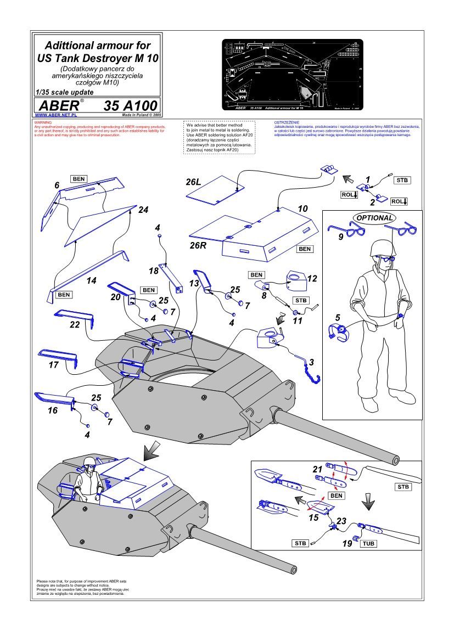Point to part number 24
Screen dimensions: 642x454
click(143, 210)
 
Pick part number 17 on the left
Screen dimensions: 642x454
click(53, 364)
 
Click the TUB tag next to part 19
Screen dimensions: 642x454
click(368, 543)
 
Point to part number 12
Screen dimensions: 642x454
click(312, 279)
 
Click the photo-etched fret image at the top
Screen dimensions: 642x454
click(292, 74)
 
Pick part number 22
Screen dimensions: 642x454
click(75, 324)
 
